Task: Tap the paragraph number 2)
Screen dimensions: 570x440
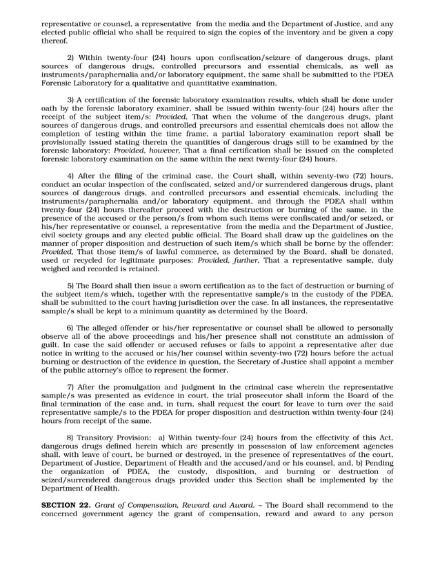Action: pos(71,57)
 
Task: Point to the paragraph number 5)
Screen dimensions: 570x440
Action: pos(71,285)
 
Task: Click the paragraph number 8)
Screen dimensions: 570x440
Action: pos(71,437)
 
